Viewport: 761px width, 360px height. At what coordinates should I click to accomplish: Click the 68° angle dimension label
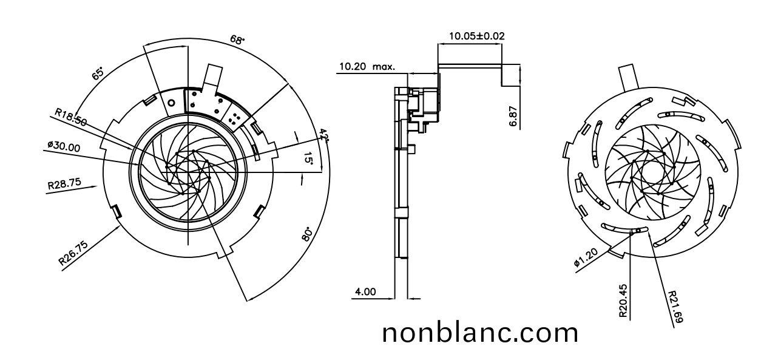click(237, 40)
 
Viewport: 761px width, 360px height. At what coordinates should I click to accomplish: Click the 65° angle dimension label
click(98, 74)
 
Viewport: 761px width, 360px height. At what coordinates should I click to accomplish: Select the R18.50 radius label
click(70, 117)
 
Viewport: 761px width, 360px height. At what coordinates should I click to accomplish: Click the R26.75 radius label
click(73, 253)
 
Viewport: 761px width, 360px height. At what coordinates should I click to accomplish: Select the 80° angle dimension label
click(306, 234)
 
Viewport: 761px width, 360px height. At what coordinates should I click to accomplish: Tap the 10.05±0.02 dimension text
click(476, 36)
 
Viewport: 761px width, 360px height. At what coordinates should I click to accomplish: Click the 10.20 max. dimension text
click(367, 66)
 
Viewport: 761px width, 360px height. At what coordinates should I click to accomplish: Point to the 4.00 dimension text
click(365, 292)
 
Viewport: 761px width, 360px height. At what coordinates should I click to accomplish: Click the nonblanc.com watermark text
click(480, 333)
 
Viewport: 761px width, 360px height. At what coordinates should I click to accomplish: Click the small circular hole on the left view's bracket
click(171, 103)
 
